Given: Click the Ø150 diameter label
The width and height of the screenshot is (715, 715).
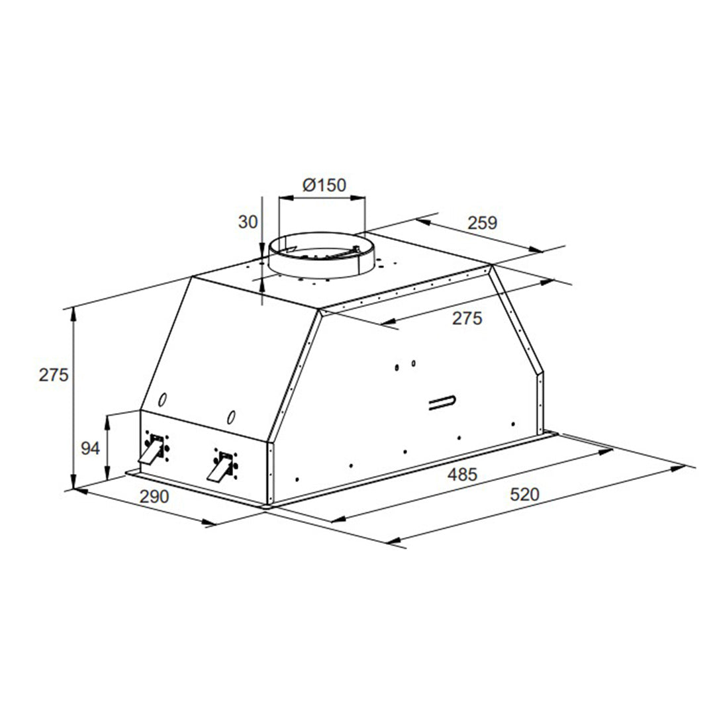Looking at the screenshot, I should point(324,185).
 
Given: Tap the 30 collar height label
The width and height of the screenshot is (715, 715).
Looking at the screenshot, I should point(247,222).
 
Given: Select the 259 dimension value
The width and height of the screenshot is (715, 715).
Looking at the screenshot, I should point(481,223).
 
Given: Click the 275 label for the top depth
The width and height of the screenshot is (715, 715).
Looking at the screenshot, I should point(467,318).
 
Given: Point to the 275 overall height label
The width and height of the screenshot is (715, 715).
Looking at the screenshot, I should point(54,375).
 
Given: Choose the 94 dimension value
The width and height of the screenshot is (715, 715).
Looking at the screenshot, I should point(89,449).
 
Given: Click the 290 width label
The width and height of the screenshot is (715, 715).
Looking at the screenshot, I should point(154,497).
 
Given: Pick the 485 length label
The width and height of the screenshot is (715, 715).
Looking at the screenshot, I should point(461,475).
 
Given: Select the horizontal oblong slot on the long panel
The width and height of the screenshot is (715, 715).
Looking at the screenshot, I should point(441,403).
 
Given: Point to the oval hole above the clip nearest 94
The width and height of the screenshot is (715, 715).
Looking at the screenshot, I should point(163,401).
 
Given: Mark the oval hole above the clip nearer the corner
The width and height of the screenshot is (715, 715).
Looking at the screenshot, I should point(230,417).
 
